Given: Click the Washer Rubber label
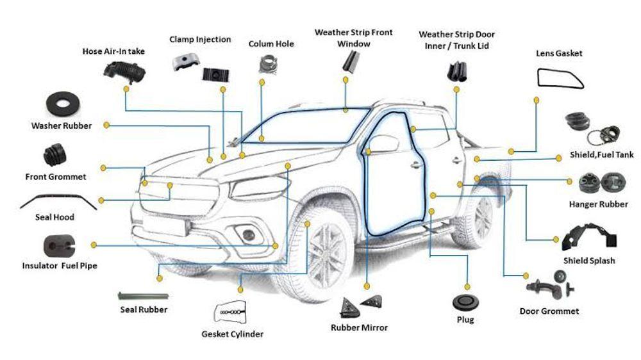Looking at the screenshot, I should click(x=62, y=126).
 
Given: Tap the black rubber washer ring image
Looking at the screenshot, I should click(x=63, y=102).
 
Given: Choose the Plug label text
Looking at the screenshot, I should click(x=465, y=320).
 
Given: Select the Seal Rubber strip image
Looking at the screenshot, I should click(x=144, y=295).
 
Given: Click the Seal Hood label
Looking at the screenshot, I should click(x=54, y=217).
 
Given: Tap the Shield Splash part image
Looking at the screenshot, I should click(x=589, y=236).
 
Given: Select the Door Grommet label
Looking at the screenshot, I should click(x=549, y=311).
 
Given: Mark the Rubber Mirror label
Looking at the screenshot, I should click(x=359, y=328).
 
